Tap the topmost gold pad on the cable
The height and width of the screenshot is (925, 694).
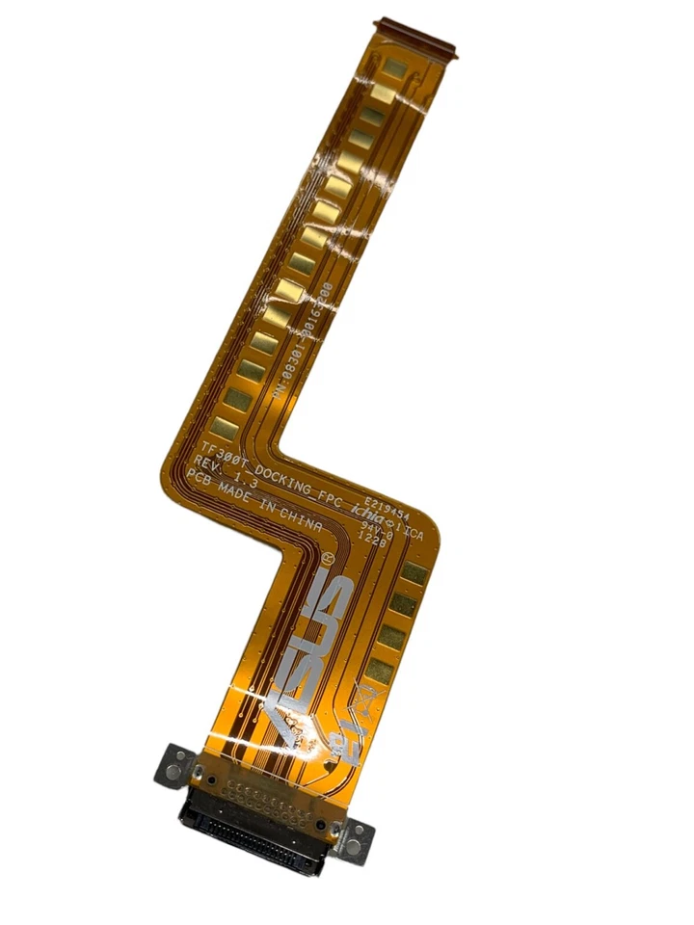pyautogui.click(x=395, y=68)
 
